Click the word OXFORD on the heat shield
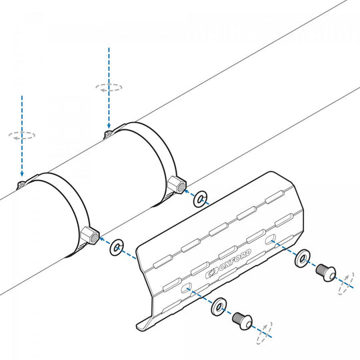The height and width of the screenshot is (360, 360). point(235,261)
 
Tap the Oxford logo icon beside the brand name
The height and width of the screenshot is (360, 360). point(211,273)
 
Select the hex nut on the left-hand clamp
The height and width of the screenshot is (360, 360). point(90,235)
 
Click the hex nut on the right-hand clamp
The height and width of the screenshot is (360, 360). point(177,185)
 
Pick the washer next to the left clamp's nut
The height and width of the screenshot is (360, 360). point(117,247)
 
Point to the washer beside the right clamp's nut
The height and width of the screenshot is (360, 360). point(200,199)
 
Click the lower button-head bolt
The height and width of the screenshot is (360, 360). point(242,321)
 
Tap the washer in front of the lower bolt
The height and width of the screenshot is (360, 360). point(219,307)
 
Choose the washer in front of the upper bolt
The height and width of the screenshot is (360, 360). point(302,258)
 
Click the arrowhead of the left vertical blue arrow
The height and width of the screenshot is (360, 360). point(22,174)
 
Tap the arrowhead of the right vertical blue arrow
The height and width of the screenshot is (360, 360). point(109,126)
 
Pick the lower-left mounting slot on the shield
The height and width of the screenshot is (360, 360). point(187,287)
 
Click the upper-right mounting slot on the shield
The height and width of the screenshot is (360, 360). point(270,239)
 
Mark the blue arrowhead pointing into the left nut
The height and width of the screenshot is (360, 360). point(102,239)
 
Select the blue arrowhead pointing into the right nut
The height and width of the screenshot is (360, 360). point(187,191)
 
